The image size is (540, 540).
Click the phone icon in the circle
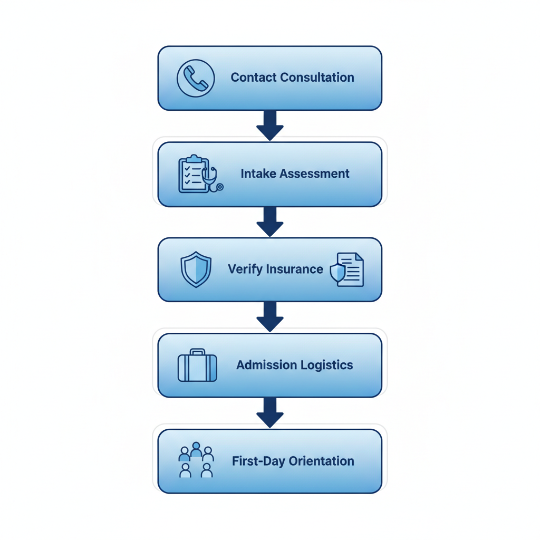pos(196,78)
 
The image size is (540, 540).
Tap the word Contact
pos(253,78)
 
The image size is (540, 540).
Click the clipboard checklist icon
pos(193,173)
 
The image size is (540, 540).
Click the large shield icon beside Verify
pos(196,269)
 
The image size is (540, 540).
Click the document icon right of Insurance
pos(348,269)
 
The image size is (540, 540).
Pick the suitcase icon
pos(197,365)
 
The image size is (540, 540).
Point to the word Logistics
pos(324,365)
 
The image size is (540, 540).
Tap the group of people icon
pos(196,460)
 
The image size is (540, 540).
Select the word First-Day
pos(254,461)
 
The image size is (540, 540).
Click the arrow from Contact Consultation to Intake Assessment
pos(270,126)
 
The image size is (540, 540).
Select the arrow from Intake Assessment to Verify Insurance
pos(270,221)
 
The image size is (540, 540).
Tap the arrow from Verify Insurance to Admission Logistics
pos(270,317)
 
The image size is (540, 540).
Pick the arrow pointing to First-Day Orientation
pos(270,413)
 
